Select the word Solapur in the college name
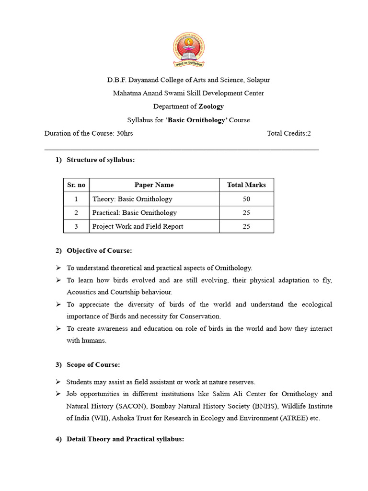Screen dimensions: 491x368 (259, 80)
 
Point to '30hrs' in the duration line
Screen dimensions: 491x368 (125, 133)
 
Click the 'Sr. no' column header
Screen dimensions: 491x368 (76, 185)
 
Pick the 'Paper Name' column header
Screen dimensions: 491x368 (154, 185)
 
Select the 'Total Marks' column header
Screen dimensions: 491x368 (246, 185)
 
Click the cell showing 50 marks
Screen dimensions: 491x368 (246, 199)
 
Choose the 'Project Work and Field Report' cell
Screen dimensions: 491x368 (138, 226)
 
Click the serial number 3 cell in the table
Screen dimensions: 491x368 (76, 226)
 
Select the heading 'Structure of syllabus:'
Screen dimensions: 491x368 (101, 160)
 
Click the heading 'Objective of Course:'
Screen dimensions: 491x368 (99, 250)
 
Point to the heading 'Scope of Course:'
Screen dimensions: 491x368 (93, 364)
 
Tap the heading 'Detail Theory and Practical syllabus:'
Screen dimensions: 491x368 (125, 439)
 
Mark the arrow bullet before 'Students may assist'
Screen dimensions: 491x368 (58, 382)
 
